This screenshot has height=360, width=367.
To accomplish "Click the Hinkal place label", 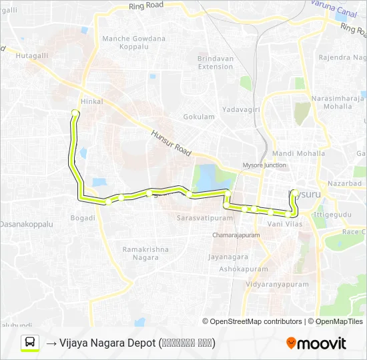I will point(91,101).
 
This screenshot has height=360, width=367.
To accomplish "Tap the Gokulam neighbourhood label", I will point(199,117).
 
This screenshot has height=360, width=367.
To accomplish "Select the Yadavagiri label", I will point(239,109).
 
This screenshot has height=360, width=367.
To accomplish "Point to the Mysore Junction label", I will point(266,165).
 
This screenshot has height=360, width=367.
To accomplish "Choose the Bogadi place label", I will point(83,218).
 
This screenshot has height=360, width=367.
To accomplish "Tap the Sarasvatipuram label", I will point(200,218).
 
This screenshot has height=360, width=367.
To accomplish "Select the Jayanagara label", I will point(228,257).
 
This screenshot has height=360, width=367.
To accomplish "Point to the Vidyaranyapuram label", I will point(277,284).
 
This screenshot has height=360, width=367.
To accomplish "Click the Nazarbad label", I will point(344,182).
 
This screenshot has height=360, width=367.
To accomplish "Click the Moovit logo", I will point(316,343).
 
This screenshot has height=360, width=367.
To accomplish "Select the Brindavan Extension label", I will point(215,63).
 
